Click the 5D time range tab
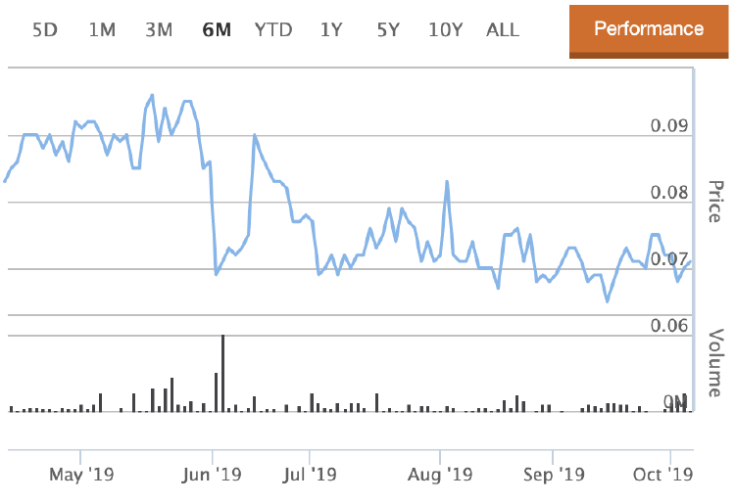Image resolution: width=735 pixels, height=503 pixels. (45, 29)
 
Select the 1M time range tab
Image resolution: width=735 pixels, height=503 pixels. (102, 29)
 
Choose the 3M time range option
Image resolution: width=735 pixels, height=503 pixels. (159, 29)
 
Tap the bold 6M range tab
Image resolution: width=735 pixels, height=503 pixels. (217, 29)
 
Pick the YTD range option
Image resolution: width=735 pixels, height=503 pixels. (273, 29)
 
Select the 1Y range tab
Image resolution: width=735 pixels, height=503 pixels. (331, 29)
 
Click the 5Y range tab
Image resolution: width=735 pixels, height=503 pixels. (388, 29)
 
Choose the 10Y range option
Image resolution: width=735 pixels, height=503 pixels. (445, 29)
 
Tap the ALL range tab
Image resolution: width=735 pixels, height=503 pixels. (503, 29)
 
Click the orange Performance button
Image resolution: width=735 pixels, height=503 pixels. (649, 28)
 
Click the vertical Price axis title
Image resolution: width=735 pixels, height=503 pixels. (715, 201)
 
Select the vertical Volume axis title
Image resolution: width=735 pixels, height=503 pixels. (715, 362)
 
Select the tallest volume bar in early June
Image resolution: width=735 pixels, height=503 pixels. (223, 373)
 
